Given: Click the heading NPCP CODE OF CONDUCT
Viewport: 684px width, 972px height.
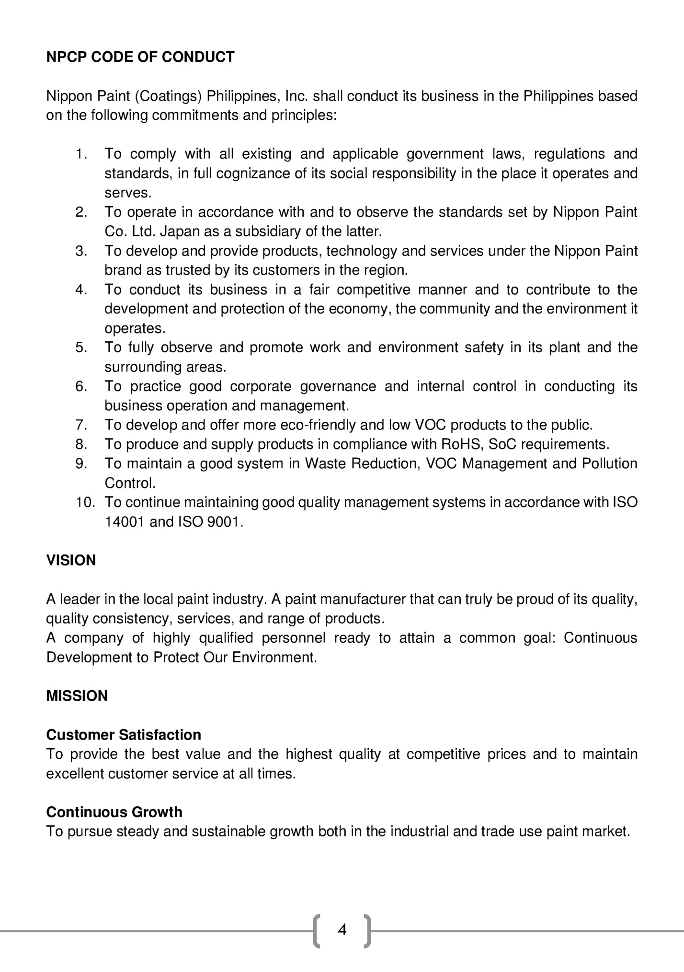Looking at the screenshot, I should (140, 57).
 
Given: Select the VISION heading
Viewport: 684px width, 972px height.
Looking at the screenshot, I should (71, 560).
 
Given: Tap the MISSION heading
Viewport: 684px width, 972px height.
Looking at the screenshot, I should (77, 696).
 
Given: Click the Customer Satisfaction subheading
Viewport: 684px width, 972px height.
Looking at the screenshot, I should (124, 735).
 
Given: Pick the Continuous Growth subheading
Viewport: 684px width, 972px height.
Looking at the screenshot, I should (114, 812).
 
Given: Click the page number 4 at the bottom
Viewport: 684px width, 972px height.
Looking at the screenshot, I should (342, 930).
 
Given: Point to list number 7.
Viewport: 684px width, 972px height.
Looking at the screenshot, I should (81, 425).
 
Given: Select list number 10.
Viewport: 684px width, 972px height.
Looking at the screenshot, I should (85, 502).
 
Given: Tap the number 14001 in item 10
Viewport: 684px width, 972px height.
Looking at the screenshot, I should (125, 522).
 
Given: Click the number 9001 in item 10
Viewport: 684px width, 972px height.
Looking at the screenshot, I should (224, 522).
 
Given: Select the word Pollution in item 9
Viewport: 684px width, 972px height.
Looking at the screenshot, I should (609, 463).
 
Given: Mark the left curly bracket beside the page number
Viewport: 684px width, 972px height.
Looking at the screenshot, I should (317, 931).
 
